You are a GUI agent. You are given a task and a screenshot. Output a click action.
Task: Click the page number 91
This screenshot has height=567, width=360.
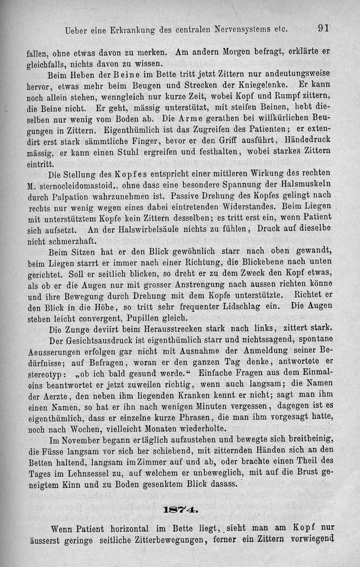tap(324, 28)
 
